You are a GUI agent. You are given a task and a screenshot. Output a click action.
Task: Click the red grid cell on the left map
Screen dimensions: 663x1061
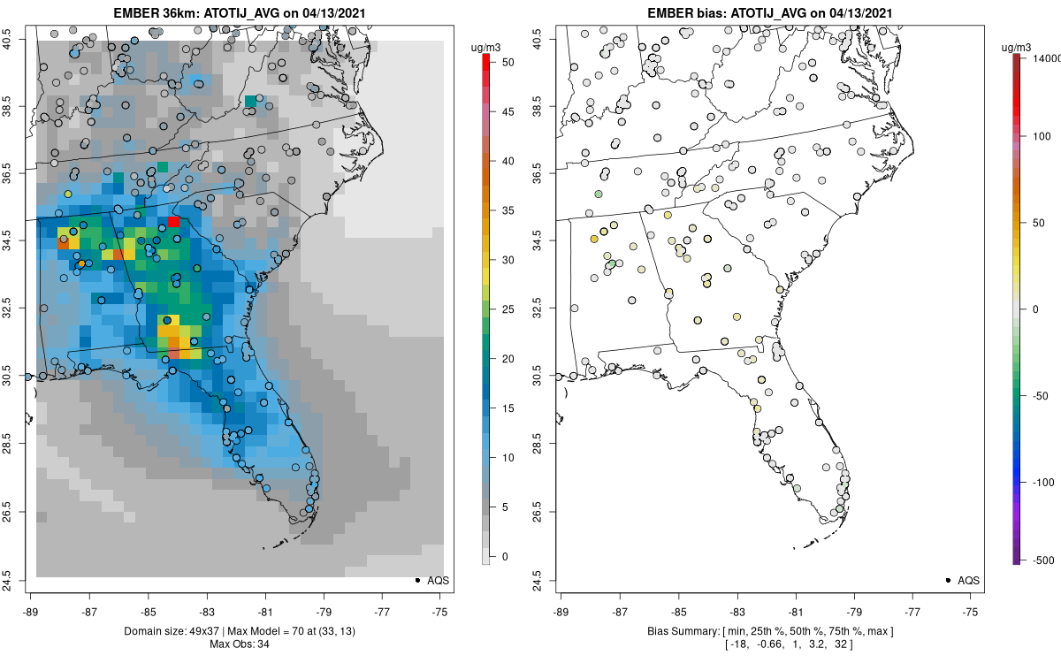pyautogui.click(x=174, y=222)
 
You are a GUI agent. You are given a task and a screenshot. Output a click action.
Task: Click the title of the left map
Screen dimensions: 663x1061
pyautogui.click(x=239, y=13)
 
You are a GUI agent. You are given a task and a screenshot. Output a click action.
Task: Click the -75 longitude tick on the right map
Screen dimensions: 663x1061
pyautogui.click(x=971, y=611)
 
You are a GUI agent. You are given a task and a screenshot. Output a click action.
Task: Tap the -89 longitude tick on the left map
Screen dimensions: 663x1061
pyautogui.click(x=31, y=611)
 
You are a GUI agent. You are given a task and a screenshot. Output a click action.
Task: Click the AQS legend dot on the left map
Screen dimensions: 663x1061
pyautogui.click(x=416, y=580)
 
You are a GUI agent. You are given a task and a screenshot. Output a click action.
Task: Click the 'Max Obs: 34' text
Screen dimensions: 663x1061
pyautogui.click(x=239, y=644)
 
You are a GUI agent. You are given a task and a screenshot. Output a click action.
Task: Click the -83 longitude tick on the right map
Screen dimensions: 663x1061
pyautogui.click(x=737, y=611)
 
